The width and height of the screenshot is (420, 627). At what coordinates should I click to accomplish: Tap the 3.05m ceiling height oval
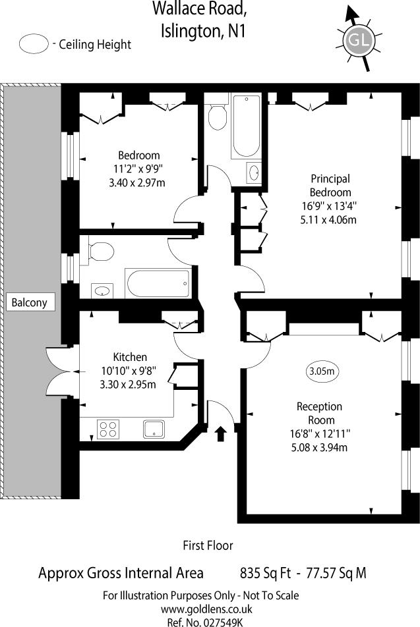pyautogui.click(x=322, y=371)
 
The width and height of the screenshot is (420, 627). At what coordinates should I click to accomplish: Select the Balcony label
pyautogui.click(x=30, y=303)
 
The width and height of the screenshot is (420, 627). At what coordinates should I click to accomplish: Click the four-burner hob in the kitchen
pyautogui.click(x=107, y=429)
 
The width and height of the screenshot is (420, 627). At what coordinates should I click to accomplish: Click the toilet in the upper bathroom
pyautogui.click(x=216, y=117)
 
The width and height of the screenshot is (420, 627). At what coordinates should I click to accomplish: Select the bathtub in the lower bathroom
pyautogui.click(x=158, y=284)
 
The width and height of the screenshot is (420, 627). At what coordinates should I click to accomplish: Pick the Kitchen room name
pyautogui.click(x=130, y=357)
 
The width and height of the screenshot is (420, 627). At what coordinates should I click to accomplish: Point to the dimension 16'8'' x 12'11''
pyautogui.click(x=321, y=433)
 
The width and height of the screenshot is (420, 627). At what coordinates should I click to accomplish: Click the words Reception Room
pyautogui.click(x=320, y=413)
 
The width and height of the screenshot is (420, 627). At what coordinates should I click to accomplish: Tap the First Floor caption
pyautogui.click(x=208, y=545)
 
